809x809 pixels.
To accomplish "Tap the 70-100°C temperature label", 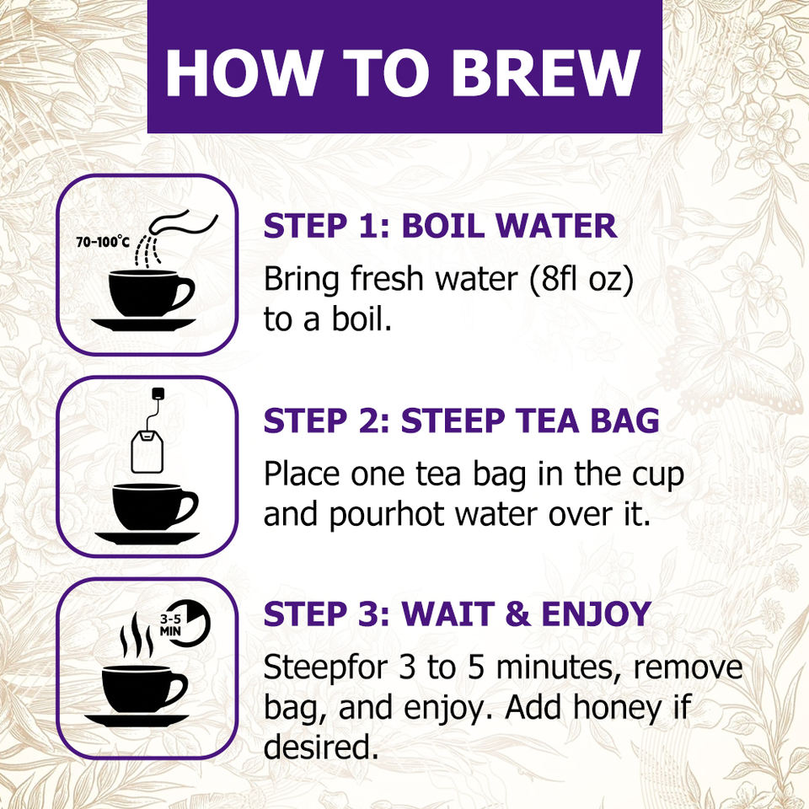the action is (103, 242).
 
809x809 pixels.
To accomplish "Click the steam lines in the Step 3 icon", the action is (136, 635).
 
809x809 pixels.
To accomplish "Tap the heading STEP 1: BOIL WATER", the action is (440, 226).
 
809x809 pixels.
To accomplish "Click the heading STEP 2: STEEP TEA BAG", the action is (461, 421).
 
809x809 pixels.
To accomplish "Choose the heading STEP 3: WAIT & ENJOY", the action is (457, 614).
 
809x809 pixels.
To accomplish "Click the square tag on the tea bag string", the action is (158, 394).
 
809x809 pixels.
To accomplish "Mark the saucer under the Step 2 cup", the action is (147, 538).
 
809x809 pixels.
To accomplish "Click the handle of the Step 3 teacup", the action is (176, 688).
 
